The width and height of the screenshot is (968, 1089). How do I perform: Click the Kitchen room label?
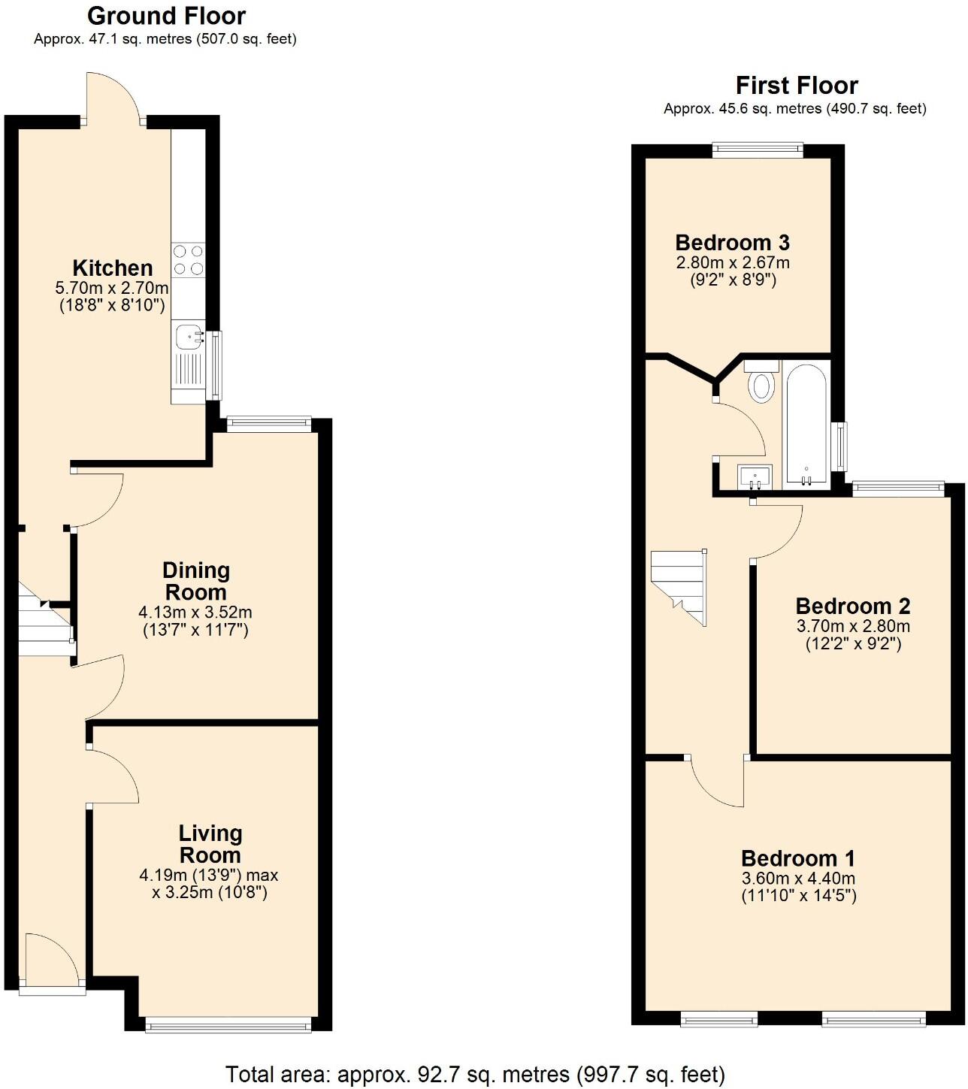112,268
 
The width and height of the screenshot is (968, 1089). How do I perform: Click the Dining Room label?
195,581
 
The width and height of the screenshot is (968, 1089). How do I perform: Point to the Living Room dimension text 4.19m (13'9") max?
209,876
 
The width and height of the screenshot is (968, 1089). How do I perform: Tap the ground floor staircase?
44,620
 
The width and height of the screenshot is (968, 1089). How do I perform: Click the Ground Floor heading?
166,16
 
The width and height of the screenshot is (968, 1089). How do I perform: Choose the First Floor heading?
796,85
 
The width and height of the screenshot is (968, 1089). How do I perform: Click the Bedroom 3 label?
732,243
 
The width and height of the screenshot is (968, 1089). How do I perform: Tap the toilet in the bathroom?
761,383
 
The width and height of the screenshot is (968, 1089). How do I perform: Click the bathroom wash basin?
755,476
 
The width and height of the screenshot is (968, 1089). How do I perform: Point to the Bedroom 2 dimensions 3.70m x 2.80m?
852,626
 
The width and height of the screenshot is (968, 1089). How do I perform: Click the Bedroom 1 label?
797,858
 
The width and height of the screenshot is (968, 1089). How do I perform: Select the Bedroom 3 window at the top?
758,150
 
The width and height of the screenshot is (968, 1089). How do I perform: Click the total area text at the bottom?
475,1074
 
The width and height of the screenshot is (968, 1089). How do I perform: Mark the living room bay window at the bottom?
228,1024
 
